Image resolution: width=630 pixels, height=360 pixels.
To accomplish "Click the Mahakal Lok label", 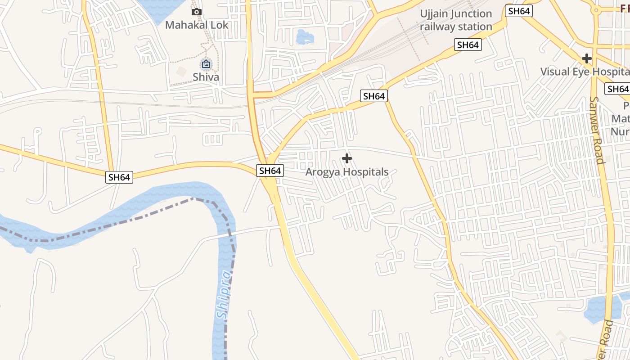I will (x=197, y=25).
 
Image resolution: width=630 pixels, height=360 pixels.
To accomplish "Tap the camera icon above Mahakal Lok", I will (x=197, y=12).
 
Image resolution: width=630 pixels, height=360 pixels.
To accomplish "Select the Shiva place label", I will (x=206, y=77).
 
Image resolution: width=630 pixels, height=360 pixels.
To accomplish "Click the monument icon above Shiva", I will (x=206, y=64).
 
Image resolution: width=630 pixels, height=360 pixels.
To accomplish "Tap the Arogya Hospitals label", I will (x=346, y=172).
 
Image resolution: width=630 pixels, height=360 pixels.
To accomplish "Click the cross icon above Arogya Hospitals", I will (x=346, y=158).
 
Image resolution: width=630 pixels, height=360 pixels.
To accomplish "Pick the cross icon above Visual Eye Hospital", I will (x=586, y=58).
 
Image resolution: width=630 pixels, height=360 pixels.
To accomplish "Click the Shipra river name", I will (x=224, y=295).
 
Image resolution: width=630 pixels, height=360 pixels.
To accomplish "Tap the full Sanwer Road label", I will (x=596, y=130).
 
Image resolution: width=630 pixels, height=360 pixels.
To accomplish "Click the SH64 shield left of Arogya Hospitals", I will (x=270, y=171).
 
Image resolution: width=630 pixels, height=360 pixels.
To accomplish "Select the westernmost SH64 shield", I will (x=119, y=177).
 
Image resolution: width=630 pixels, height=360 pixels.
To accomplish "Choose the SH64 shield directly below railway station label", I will (x=468, y=45).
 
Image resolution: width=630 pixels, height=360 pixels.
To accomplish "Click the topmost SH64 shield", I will (x=519, y=11).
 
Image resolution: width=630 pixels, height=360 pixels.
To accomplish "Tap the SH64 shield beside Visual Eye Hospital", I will (x=617, y=89).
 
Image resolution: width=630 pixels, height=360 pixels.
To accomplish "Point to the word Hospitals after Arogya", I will (x=365, y=172).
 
